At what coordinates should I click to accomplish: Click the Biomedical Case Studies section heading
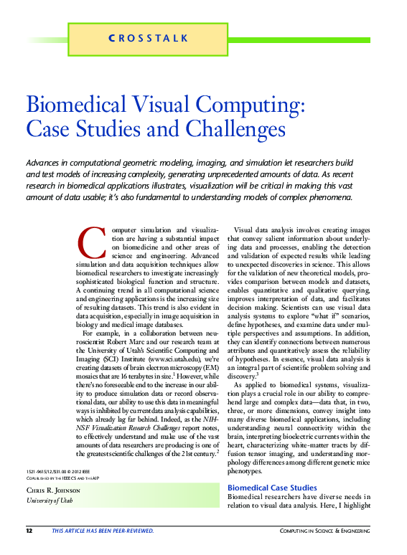tap(271, 488)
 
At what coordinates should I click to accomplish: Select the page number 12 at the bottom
tap(29, 531)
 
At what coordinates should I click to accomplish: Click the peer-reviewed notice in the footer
tap(102, 531)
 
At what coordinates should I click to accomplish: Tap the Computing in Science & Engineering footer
tap(337, 531)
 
